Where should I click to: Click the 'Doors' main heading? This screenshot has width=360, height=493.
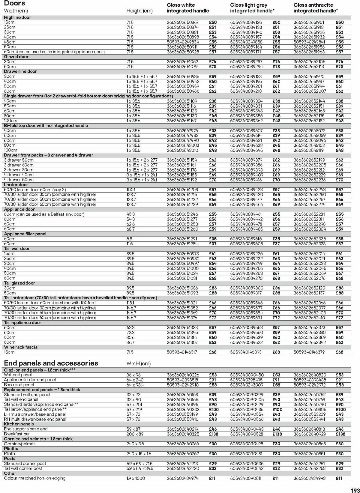(14, 3)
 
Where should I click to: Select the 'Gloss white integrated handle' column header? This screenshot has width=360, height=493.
(188, 8)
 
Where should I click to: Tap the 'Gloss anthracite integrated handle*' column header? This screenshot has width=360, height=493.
(315, 8)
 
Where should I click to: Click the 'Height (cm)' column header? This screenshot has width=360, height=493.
(139, 11)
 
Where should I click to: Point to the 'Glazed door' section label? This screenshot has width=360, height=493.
(16, 57)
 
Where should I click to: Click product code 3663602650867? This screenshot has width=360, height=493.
(182, 22)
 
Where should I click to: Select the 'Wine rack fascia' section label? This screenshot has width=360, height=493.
(21, 347)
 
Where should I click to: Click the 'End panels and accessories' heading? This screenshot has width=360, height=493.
(51, 363)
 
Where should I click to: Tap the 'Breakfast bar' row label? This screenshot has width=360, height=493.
(17, 434)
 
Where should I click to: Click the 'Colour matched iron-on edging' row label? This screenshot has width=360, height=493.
(34, 478)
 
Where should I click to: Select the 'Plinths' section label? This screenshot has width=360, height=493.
(11, 449)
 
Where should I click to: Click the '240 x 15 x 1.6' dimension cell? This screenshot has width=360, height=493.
(139, 454)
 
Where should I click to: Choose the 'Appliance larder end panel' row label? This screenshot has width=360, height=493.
(30, 380)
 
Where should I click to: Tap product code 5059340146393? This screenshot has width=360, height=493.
(246, 352)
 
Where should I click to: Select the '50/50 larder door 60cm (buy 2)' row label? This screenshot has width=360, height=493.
(35, 190)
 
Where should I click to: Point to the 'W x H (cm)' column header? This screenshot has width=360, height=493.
(138, 364)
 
